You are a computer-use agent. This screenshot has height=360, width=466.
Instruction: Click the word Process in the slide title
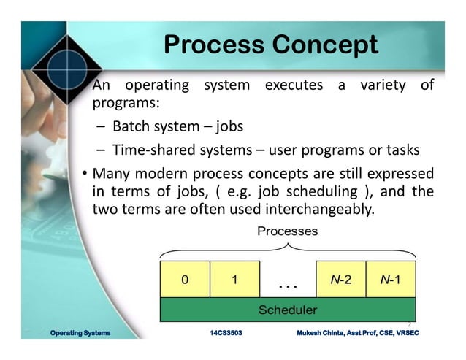tap(214, 45)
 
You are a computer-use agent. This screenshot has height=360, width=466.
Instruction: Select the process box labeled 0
tap(184, 279)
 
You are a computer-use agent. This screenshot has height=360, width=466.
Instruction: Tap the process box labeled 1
tap(234, 279)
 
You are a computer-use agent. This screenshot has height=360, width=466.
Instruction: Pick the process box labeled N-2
tap(340, 279)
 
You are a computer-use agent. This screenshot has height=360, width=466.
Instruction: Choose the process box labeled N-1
tap(390, 279)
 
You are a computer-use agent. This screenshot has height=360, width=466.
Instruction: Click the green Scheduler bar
tap(288, 310)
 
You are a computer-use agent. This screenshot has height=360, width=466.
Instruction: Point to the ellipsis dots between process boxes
tap(288, 283)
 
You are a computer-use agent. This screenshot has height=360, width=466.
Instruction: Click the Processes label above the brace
tap(288, 231)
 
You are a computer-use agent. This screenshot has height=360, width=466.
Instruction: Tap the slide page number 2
tap(409, 324)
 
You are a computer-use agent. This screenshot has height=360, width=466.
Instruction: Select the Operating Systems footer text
tap(80, 333)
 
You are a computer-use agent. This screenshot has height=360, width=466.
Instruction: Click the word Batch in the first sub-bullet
tap(130, 126)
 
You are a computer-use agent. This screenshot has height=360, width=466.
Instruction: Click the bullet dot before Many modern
tap(85, 174)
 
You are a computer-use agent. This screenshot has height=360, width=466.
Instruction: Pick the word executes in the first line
tap(294, 85)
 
